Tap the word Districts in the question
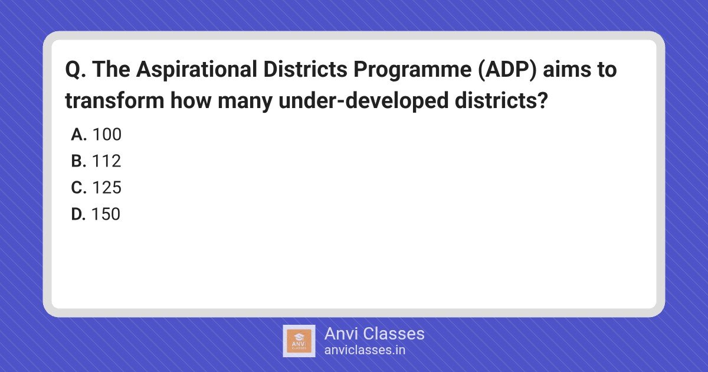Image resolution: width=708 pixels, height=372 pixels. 306,69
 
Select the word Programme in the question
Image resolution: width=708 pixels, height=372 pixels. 412,70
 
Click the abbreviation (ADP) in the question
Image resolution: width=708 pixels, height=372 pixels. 507,70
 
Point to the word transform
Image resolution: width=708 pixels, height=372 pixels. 114,100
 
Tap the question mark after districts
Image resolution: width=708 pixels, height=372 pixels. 542,100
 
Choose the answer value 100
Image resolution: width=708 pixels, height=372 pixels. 107,135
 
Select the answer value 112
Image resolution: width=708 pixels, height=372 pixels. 107,161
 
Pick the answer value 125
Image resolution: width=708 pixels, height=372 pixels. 107,188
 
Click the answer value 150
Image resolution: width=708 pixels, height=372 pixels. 106,214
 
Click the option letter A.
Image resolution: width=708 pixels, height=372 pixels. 78,135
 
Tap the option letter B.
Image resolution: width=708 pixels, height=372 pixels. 78,161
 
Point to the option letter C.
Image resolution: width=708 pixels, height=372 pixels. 78,188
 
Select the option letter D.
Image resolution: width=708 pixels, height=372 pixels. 78,214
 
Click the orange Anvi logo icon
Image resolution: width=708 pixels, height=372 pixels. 299,341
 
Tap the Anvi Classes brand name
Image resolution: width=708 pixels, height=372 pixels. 375,334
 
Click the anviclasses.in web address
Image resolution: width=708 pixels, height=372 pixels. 365,350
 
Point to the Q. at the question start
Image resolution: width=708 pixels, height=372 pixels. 76,70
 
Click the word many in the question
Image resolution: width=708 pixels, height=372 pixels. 245,102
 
